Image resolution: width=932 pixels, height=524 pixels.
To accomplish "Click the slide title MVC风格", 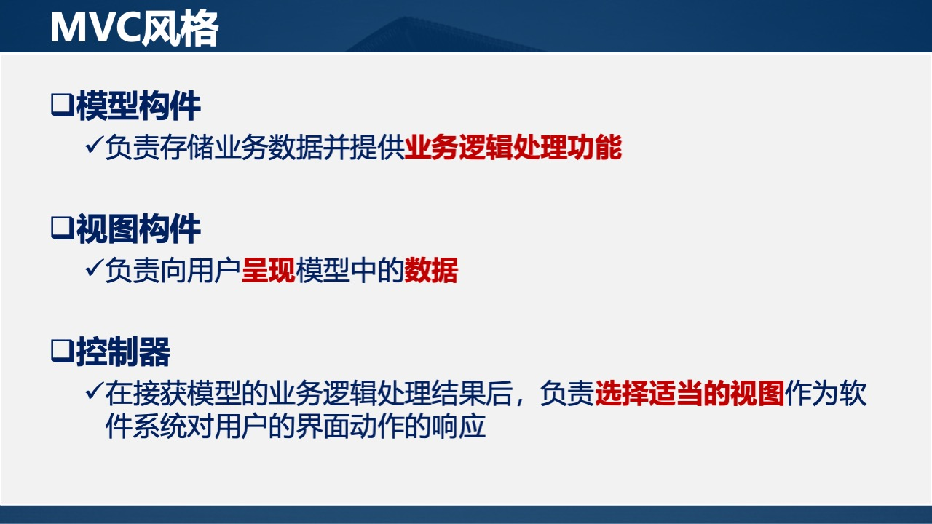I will (134, 28).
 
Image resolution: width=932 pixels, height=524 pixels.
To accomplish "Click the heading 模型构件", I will (138, 106).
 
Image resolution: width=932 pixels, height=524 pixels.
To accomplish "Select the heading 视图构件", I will (138, 229).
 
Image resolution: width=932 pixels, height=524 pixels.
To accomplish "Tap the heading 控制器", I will (123, 352).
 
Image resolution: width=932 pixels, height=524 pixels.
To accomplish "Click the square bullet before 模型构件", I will (62, 106).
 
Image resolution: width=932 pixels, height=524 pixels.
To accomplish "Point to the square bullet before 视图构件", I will (62, 229).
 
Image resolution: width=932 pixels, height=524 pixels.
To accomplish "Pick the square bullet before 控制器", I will (62, 352).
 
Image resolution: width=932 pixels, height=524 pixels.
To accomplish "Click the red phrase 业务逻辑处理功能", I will (513, 148).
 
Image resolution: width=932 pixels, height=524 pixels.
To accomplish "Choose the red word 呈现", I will (268, 271).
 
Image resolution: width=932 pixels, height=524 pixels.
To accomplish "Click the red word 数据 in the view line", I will (431, 271).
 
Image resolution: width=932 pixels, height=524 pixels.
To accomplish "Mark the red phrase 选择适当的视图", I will (690, 394).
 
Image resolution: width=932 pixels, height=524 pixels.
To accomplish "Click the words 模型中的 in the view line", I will (349, 271).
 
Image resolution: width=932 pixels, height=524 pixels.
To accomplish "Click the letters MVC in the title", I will (92, 28).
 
